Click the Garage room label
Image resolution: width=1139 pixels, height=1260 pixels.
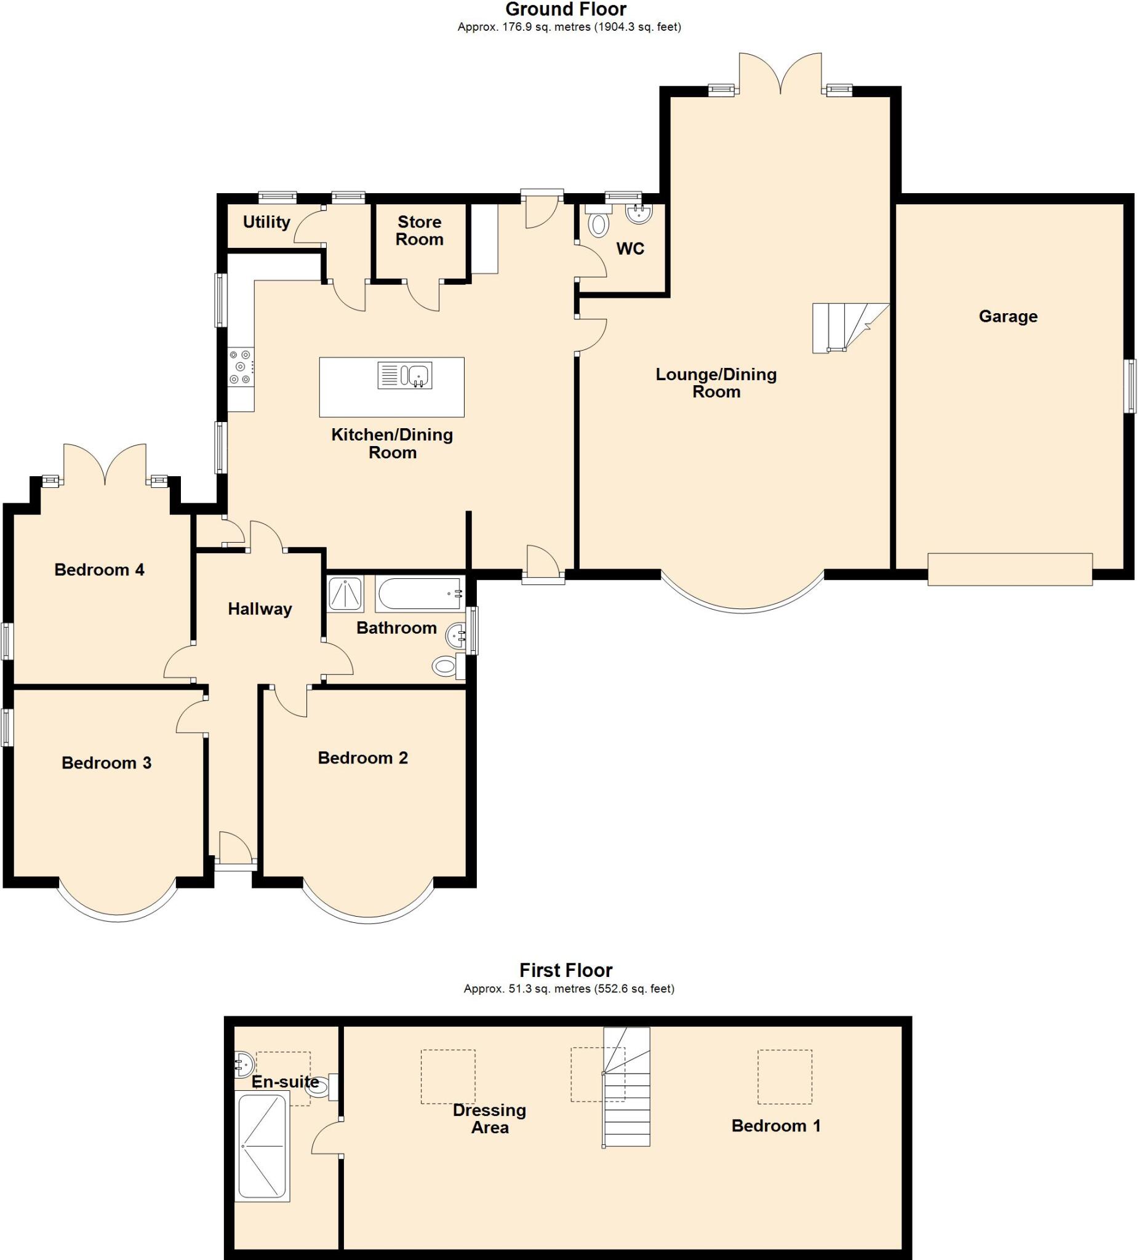pos(1007,316)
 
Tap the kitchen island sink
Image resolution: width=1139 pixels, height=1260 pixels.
pos(404,376)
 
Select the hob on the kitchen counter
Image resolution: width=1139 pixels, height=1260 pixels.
pos(241,366)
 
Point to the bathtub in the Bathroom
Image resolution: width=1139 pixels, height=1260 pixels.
pos(420,593)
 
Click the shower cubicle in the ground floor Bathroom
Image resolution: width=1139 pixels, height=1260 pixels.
pos(345,594)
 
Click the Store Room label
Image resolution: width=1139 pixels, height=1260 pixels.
pos(420,230)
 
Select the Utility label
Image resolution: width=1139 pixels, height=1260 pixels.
pos(266,222)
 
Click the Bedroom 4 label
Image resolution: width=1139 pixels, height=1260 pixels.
pos(99,569)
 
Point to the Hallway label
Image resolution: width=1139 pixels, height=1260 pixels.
pos(260,608)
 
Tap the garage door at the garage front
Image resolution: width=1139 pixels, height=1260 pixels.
pos(1009,568)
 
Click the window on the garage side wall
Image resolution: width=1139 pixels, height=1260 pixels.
pos(1129,386)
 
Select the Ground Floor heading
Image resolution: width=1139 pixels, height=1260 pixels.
pos(565,9)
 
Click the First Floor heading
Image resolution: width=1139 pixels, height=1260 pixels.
pos(565,970)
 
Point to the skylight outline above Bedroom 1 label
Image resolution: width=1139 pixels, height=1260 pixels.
pos(784,1076)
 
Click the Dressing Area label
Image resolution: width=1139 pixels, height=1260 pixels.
pos(489,1118)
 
